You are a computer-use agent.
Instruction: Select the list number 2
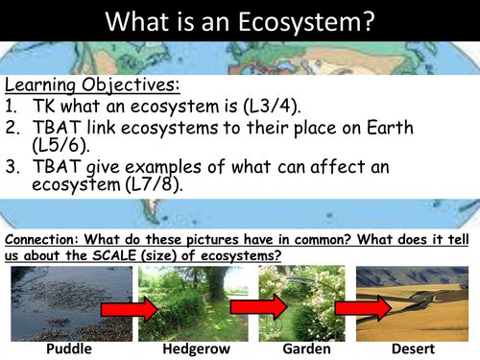point(12,129)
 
